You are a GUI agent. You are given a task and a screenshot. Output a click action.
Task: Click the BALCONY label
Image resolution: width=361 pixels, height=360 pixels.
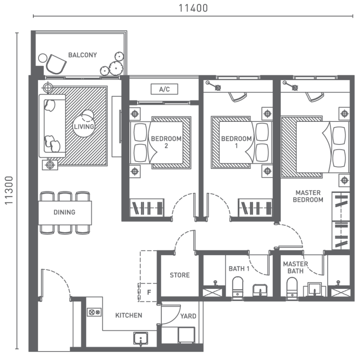[82, 55]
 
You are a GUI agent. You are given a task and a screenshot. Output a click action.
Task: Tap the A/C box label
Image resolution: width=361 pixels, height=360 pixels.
[164, 89]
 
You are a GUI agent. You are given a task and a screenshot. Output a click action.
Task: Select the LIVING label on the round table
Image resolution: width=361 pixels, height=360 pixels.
[84, 127]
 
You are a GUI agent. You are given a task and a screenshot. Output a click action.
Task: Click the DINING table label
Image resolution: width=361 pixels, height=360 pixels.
[64, 212]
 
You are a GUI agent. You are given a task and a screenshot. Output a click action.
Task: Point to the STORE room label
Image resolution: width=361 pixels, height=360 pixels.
[179, 275]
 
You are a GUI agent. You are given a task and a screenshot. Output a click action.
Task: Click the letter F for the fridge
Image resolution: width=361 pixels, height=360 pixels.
[149, 292]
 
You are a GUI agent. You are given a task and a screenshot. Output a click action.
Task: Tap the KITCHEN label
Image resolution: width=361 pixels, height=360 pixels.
[128, 315]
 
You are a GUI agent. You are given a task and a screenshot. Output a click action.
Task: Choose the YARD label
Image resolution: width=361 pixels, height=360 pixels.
[188, 316]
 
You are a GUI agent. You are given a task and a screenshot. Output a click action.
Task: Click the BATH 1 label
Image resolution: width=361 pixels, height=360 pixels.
[239, 269]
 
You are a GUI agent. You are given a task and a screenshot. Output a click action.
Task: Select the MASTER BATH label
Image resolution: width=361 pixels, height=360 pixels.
[295, 267]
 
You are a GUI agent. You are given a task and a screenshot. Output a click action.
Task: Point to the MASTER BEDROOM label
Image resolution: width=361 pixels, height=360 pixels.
[308, 196]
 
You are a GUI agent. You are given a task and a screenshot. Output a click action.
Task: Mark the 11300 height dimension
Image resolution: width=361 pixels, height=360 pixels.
[8, 191]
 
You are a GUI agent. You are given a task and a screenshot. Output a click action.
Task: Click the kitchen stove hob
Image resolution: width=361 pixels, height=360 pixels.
[94, 312]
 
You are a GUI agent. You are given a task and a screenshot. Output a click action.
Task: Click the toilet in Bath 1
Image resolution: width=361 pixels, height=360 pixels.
[237, 286]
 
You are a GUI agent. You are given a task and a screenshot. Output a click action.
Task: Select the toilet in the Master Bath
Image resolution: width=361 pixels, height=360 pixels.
[292, 286]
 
